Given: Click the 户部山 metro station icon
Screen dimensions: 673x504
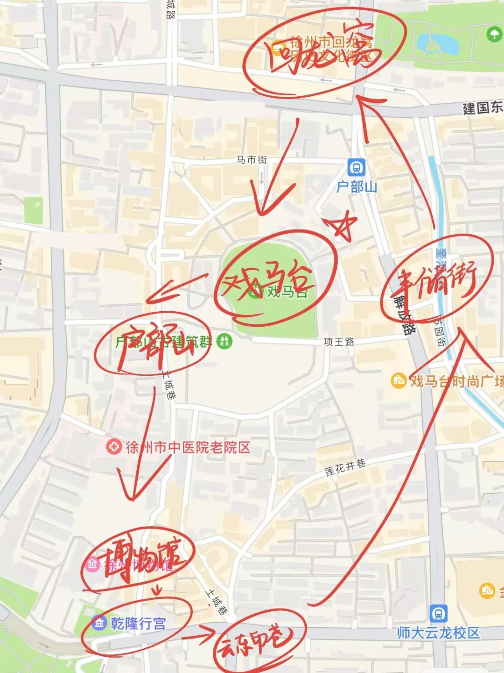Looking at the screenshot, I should [356, 167].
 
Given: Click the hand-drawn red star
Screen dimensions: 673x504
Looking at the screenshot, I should [342, 224].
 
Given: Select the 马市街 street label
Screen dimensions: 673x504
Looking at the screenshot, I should [252, 160].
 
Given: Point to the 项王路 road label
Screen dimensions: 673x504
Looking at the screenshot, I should [339, 342].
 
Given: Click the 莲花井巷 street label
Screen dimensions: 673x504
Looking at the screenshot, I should [345, 467].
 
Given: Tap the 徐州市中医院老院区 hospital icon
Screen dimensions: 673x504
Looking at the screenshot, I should [113, 447].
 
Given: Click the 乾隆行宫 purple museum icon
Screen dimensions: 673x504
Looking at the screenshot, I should [99, 623].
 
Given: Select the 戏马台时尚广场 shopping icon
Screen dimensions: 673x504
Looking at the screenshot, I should [398, 381].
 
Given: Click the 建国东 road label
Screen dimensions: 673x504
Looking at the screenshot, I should [483, 108].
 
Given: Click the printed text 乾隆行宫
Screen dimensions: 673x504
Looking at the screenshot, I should [138, 623].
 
